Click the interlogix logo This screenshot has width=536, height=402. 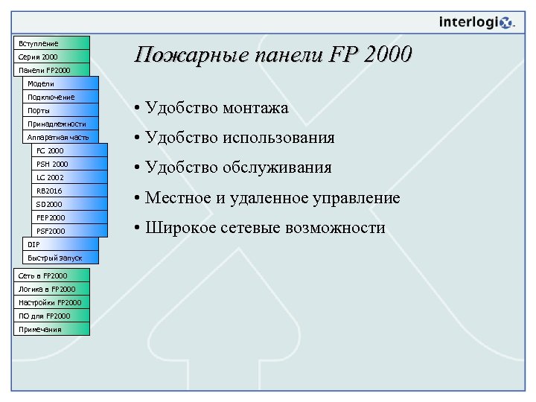(476, 22)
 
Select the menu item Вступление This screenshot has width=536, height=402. (52, 43)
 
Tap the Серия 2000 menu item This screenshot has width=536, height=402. (52, 57)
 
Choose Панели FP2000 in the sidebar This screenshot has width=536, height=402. (52, 70)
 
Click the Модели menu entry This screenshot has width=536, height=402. (60, 83)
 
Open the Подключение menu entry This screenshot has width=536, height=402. (60, 97)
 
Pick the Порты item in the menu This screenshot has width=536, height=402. (60, 110)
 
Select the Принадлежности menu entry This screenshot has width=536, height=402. (60, 124)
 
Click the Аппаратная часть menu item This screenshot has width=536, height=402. (60, 137)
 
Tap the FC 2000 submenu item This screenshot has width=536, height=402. (70, 150)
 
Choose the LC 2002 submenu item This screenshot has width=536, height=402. (70, 177)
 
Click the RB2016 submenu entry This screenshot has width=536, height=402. (70, 191)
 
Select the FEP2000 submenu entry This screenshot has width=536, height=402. (70, 217)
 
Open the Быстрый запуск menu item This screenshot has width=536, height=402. (60, 258)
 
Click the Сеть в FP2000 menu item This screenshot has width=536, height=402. (52, 275)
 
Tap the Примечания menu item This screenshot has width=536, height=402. (52, 329)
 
